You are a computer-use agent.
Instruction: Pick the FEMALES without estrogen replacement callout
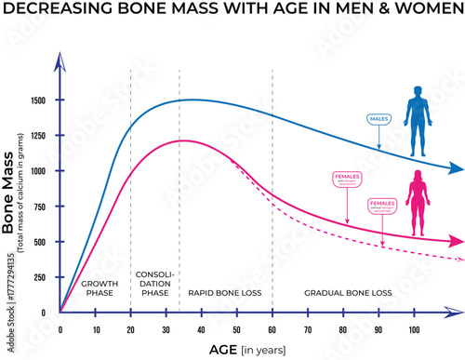click(381, 206)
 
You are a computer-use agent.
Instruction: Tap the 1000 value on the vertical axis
click(38, 171)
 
